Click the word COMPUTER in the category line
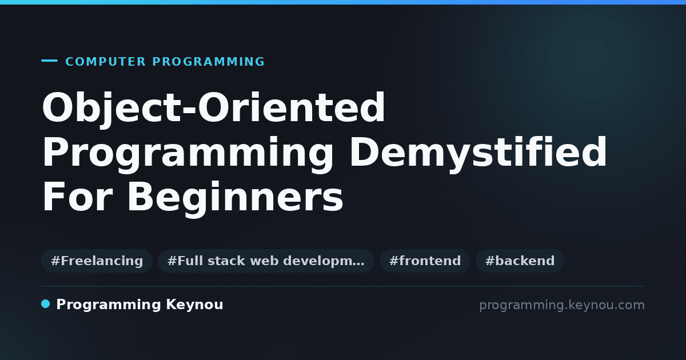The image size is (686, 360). (x=106, y=62)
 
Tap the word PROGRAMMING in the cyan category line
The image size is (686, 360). (x=209, y=62)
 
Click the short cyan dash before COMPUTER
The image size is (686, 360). (x=49, y=61)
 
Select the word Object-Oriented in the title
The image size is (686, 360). (x=213, y=109)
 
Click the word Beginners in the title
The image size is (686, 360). (x=235, y=198)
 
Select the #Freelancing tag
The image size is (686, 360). (x=97, y=261)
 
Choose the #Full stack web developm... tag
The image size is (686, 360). (x=266, y=261)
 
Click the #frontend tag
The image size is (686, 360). (x=425, y=261)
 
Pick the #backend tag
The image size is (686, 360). (x=520, y=261)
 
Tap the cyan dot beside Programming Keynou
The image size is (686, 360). (x=45, y=304)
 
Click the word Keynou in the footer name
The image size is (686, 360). (x=194, y=305)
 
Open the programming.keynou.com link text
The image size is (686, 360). (x=562, y=305)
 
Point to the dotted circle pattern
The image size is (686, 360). (x=590, y=56)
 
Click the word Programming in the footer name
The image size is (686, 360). (x=109, y=305)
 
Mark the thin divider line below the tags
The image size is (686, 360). (x=344, y=286)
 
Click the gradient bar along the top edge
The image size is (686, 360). (x=343, y=2)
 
